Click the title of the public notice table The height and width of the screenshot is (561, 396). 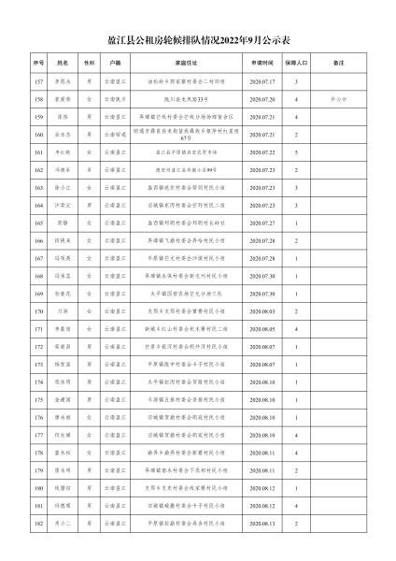click(197, 41)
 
